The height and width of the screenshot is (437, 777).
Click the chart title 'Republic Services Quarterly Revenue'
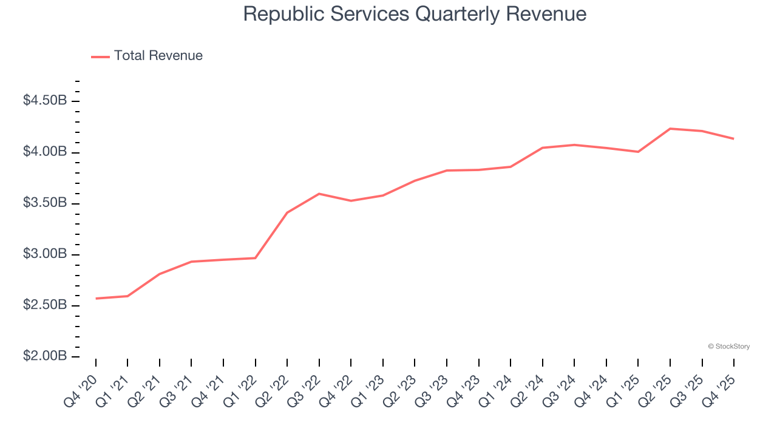[x=415, y=14]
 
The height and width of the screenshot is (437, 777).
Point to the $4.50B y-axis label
[x=45, y=101]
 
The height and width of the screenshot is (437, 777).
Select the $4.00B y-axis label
[x=45, y=152]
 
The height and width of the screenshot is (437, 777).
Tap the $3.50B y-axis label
[x=45, y=203]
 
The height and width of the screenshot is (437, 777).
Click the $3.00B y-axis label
[x=45, y=254]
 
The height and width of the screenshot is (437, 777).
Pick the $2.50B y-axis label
[x=45, y=305]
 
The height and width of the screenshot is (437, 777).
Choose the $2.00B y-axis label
[x=45, y=356]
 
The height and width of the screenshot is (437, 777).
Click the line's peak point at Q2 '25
[x=670, y=129]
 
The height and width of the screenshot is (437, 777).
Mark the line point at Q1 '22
[x=256, y=258]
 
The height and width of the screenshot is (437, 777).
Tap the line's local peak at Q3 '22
[x=319, y=194]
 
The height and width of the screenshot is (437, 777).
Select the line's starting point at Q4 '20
[x=96, y=299]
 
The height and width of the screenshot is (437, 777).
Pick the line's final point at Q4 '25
[x=734, y=139]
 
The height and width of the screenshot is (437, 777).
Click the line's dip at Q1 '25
[x=638, y=152]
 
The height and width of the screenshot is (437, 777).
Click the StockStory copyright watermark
[x=728, y=347]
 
